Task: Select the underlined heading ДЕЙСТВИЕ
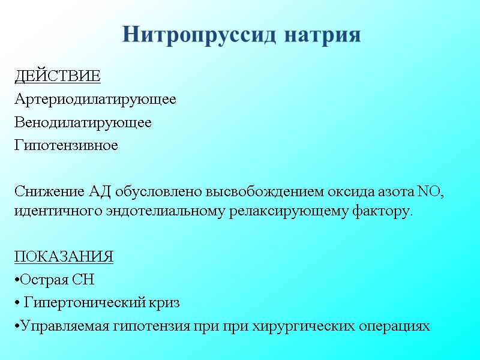(x=57, y=77)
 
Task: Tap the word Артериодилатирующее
(x=95, y=100)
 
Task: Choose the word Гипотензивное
(x=66, y=145)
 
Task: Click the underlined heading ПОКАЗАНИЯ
(x=64, y=258)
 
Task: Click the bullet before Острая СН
(x=16, y=281)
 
